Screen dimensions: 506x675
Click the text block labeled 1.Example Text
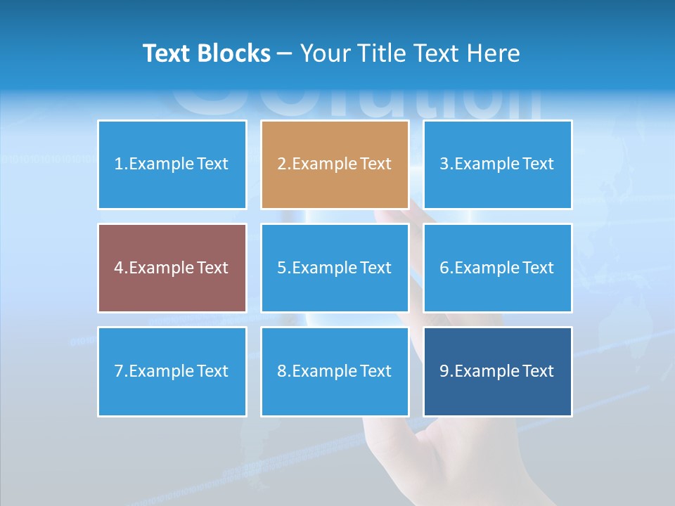coord(172,164)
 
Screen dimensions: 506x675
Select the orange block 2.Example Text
coord(334,164)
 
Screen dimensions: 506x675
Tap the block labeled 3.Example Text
coord(497,164)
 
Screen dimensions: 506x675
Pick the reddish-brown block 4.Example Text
coord(172,268)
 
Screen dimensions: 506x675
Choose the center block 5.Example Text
coord(334,268)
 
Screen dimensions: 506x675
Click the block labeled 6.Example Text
coord(497,268)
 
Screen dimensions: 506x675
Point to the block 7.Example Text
coord(172,371)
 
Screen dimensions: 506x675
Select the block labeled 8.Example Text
coord(334,371)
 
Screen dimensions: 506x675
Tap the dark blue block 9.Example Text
coord(497,371)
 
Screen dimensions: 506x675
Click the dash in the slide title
coord(285,54)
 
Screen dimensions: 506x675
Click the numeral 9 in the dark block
coord(444,371)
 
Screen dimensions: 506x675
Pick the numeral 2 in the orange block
coord(281,164)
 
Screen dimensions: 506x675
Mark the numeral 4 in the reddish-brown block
coord(119,268)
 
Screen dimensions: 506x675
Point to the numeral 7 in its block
coord(119,371)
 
